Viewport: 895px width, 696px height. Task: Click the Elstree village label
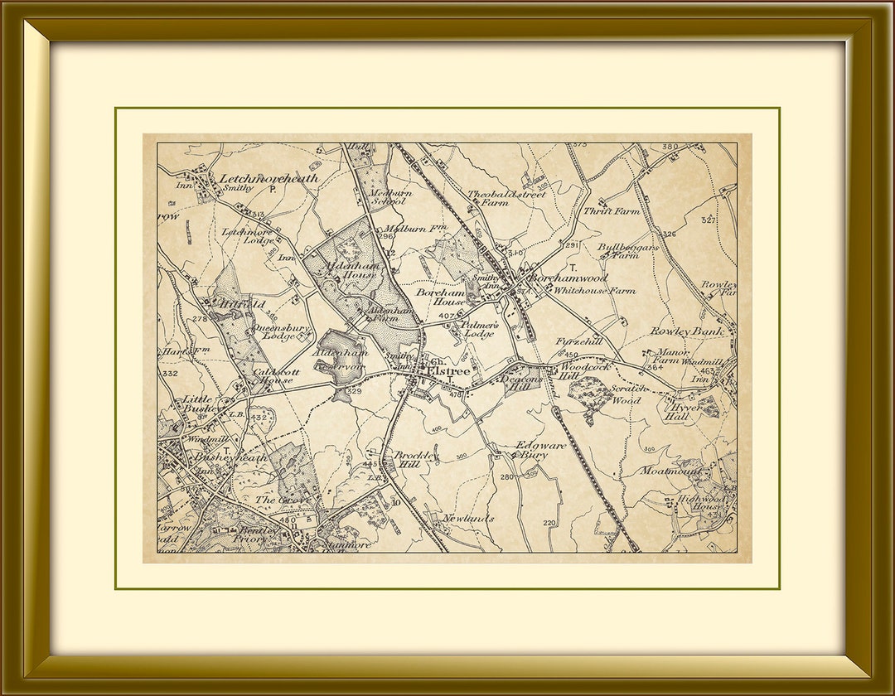click(448, 372)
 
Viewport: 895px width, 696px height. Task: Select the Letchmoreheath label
click(268, 178)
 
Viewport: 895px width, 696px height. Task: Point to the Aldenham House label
click(356, 269)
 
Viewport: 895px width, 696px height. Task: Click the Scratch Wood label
click(628, 394)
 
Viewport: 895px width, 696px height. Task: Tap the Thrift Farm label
click(612, 211)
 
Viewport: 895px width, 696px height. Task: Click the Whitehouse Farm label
click(594, 291)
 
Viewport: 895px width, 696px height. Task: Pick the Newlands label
click(468, 519)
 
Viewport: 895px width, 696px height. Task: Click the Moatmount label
click(670, 471)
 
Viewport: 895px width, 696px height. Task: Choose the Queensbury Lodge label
click(286, 331)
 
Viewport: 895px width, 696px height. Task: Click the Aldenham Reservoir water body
click(341, 356)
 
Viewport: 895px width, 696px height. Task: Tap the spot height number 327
click(707, 220)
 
